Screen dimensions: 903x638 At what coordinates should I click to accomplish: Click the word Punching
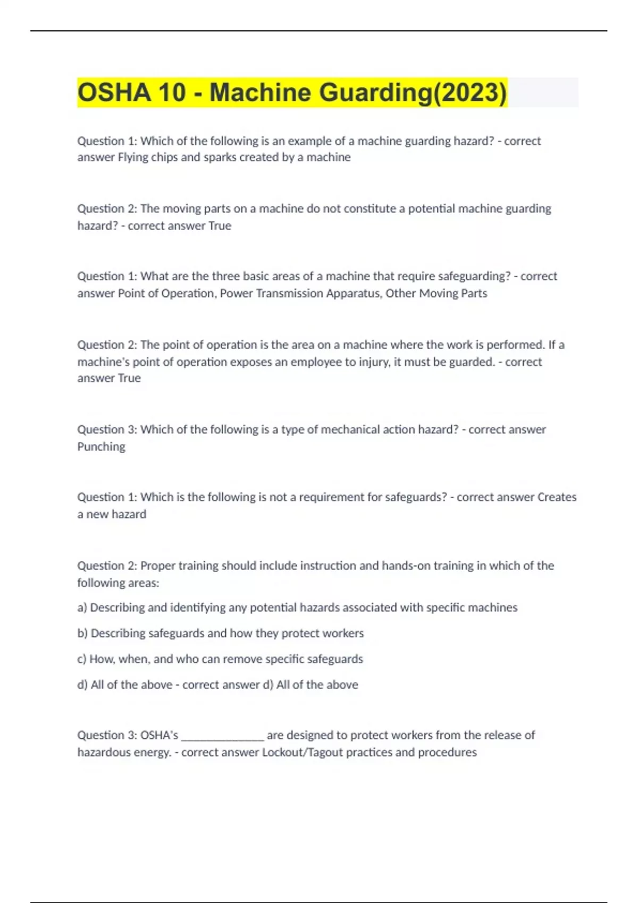101,446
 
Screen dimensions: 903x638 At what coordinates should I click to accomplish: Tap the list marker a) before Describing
82,608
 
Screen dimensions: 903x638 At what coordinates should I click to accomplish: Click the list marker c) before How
81,659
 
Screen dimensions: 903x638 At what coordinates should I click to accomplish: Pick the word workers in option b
343,633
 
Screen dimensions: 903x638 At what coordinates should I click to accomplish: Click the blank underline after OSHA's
223,736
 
